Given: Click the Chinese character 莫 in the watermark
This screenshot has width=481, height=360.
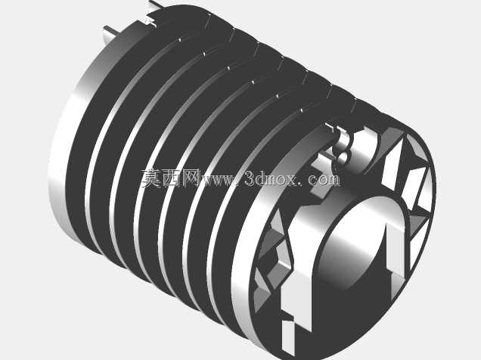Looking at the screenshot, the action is click(x=151, y=178).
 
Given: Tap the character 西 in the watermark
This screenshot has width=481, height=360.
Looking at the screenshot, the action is click(x=171, y=178).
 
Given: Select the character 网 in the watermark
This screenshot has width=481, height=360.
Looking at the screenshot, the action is click(x=191, y=178).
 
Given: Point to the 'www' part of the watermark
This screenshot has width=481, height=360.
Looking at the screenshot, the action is click(x=219, y=180).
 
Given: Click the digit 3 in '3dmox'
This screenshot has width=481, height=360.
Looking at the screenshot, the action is click(x=250, y=179).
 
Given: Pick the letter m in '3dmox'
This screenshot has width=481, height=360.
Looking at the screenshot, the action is click(x=269, y=180).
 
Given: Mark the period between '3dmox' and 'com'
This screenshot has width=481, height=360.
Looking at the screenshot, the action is click(x=302, y=184).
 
